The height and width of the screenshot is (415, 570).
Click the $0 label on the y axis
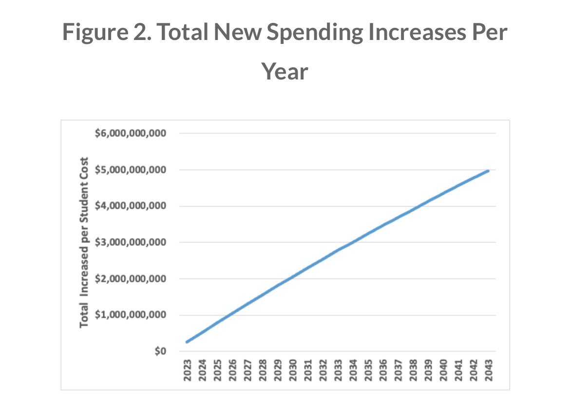pos(161,351)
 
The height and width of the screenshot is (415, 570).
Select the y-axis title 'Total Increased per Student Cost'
pos(84,242)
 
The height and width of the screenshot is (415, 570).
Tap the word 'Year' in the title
pos(285,72)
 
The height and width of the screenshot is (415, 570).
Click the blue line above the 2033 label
pos(338,250)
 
